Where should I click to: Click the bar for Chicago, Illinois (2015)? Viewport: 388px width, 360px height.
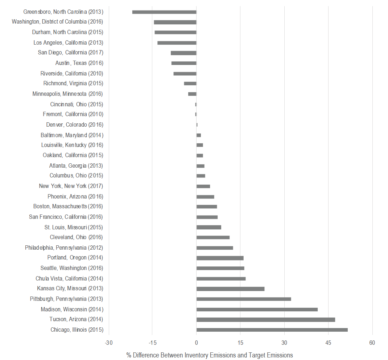(x=272, y=330)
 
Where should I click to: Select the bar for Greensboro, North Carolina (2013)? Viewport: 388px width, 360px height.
(x=164, y=12)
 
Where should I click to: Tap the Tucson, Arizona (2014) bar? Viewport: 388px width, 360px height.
(x=265, y=320)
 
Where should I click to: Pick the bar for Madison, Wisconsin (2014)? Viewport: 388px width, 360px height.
(x=257, y=310)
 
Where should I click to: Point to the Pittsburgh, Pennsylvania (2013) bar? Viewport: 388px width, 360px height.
(x=244, y=299)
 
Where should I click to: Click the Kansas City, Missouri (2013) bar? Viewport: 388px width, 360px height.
(x=230, y=289)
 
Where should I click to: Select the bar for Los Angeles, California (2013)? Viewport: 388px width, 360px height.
(x=177, y=43)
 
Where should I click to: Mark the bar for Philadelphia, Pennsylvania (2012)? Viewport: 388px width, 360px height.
(x=215, y=248)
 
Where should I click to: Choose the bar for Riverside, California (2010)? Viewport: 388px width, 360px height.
(x=185, y=74)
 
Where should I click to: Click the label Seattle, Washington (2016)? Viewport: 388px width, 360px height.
(x=72, y=268)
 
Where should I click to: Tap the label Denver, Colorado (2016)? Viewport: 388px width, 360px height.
(x=75, y=125)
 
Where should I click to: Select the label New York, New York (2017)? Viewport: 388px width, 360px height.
(x=71, y=186)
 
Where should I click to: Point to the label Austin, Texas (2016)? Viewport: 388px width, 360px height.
(x=79, y=63)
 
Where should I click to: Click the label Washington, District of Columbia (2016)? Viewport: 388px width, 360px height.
(x=57, y=22)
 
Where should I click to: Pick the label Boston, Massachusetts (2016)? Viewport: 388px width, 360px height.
(x=68, y=206)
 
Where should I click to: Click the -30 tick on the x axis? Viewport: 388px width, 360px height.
(x=108, y=343)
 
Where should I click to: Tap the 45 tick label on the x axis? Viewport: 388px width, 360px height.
(x=328, y=343)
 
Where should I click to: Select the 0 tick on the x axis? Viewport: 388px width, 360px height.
(x=196, y=343)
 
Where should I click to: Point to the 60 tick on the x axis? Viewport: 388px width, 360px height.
(x=372, y=343)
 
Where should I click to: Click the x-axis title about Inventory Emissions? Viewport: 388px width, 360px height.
(x=210, y=355)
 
